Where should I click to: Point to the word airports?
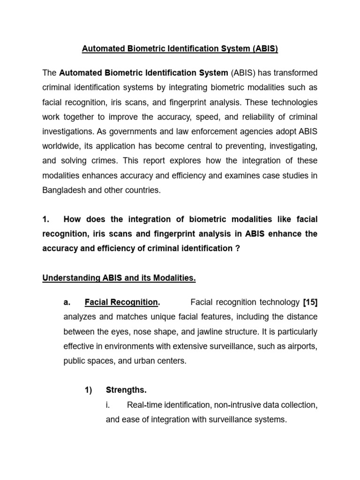(303, 346)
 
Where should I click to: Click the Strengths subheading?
(126, 390)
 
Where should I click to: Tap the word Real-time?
(146, 405)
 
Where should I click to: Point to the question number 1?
(46, 219)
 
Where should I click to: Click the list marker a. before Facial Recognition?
(67, 302)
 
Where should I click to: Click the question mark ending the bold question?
(237, 248)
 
